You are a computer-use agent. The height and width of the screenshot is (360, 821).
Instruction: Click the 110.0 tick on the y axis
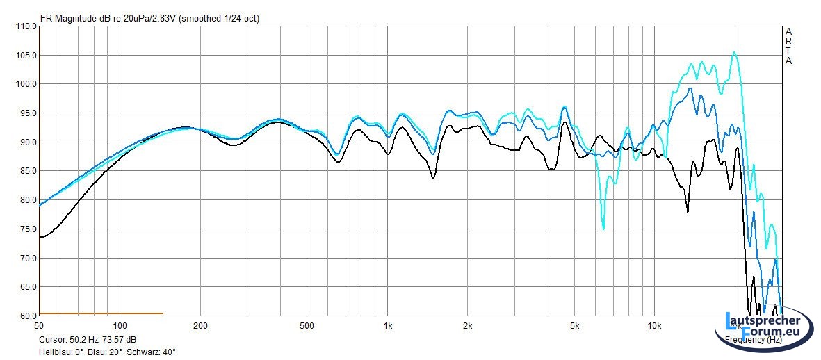26,26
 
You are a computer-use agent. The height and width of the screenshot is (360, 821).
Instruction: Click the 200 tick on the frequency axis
201,326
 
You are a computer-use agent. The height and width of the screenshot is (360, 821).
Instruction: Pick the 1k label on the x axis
388,326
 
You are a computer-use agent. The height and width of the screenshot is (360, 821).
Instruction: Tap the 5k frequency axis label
574,326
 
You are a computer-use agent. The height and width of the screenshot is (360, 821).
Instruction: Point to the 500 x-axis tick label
307,326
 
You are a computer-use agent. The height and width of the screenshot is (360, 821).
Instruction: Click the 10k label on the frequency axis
654,326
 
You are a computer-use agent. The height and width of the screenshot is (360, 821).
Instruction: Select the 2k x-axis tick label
468,326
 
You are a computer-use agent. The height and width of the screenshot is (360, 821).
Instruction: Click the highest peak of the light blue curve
734,52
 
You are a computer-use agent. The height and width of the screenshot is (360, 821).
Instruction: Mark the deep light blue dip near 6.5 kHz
603,229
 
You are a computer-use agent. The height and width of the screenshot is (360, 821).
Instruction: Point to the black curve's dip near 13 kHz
688,211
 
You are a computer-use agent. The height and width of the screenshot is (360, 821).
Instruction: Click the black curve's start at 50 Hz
40,237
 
